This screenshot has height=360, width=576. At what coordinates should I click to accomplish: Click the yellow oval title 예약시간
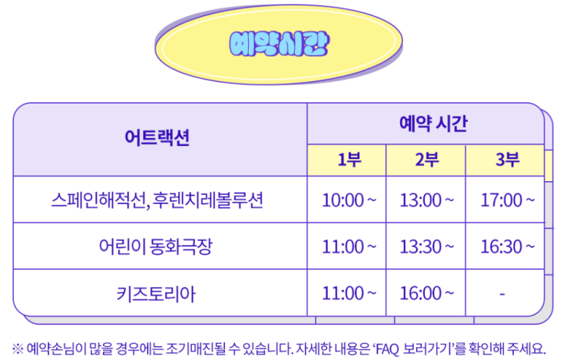(279, 44)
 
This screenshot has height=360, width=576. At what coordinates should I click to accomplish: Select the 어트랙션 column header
(157, 137)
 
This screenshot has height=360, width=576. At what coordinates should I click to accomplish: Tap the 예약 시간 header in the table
(433, 124)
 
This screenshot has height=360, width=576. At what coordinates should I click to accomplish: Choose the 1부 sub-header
(349, 160)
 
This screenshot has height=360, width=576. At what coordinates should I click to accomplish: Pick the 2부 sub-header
(427, 160)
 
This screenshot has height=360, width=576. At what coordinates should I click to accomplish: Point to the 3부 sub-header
(508, 160)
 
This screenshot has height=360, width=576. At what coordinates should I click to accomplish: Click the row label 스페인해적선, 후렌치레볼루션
(157, 200)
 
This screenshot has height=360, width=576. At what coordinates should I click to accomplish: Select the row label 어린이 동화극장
(156, 246)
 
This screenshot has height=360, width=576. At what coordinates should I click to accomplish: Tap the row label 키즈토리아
(157, 293)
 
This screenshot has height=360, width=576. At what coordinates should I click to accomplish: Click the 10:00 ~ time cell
(349, 200)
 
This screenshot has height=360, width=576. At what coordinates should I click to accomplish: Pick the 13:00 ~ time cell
(427, 200)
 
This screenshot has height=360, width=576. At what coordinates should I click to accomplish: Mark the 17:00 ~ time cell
(508, 200)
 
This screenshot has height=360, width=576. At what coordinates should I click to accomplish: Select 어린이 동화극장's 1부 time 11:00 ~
(349, 246)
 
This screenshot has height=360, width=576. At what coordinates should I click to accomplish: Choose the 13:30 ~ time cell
(427, 246)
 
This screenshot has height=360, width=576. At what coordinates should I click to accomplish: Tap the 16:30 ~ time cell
(508, 246)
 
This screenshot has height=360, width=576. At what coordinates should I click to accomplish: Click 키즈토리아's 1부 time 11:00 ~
(349, 293)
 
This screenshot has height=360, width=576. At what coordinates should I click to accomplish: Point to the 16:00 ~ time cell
(427, 293)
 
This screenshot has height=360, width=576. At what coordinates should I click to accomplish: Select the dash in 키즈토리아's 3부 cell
(502, 294)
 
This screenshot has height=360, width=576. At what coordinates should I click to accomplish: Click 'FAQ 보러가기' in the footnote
(415, 348)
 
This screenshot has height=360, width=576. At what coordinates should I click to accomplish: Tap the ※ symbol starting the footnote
(18, 348)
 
